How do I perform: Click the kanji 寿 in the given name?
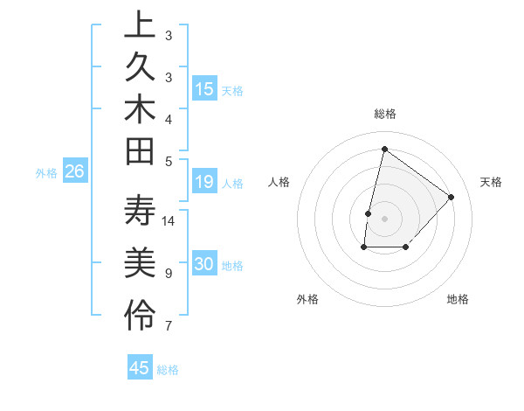click(140, 213)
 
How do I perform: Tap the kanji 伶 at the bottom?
click(140, 315)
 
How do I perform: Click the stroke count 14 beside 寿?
click(169, 221)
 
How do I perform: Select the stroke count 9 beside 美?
click(169, 274)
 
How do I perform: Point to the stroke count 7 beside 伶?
click(169, 326)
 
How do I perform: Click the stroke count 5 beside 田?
click(169, 160)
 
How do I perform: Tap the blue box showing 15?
click(204, 89)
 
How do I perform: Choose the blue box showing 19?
click(204, 182)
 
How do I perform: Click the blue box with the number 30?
click(204, 264)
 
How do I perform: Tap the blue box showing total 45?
click(140, 368)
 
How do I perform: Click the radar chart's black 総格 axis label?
click(384, 114)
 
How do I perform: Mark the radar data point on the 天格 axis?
click(451, 197)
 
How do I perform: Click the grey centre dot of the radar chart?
click(384, 219)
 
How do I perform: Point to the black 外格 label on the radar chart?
click(307, 300)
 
